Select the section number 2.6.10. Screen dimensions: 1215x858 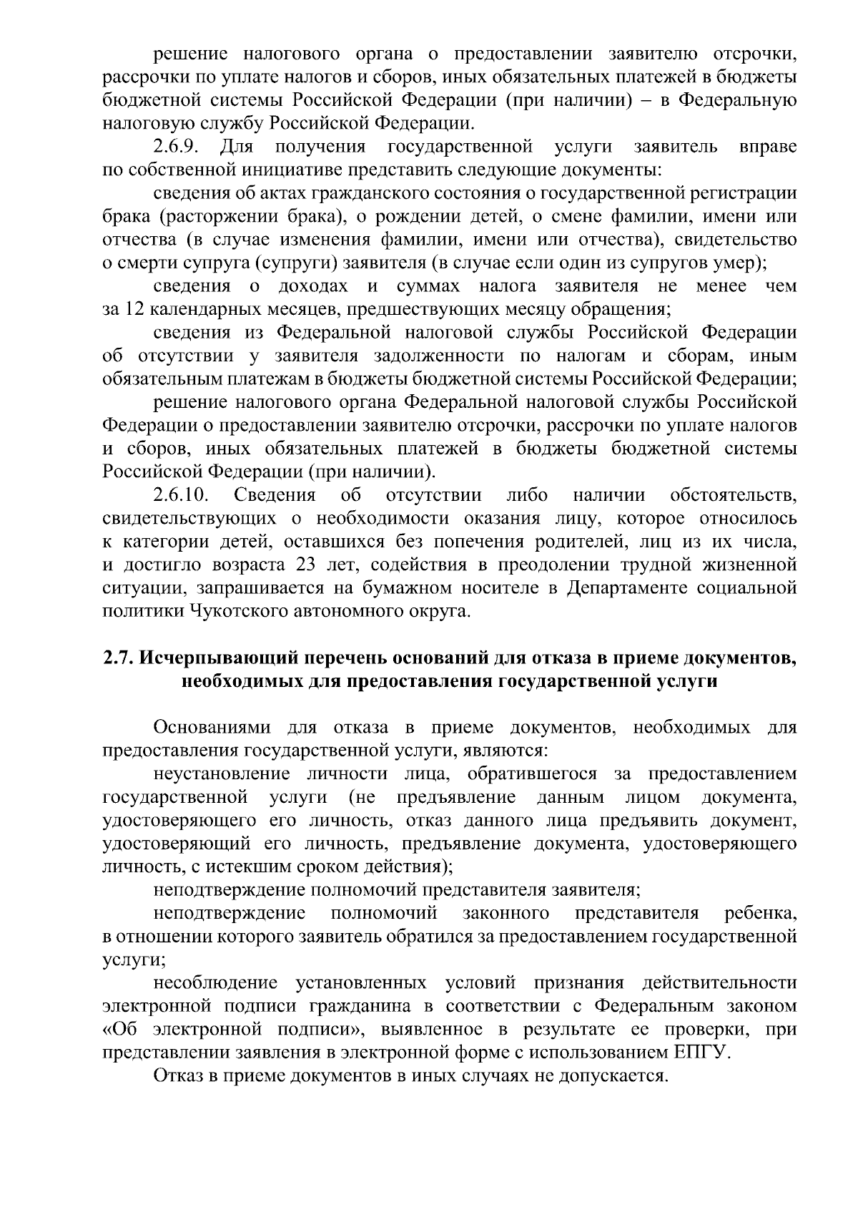coord(182,495)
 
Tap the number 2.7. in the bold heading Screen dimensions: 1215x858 coord(118,658)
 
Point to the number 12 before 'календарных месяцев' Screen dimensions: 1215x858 coord(134,310)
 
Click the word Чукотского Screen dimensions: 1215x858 coord(233,611)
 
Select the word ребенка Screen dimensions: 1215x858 coord(760,913)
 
